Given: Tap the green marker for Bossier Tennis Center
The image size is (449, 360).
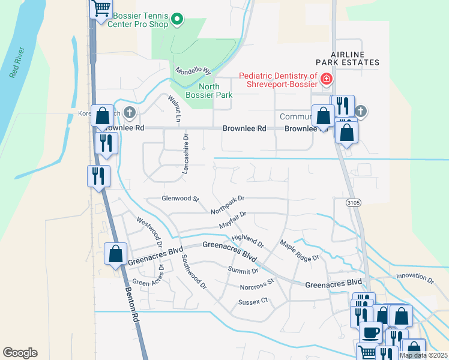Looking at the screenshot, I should pyautogui.click(x=177, y=20).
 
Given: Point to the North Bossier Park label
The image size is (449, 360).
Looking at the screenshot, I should pyautogui.click(x=215, y=91).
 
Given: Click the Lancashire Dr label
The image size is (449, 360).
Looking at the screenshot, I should pyautogui.click(x=185, y=154).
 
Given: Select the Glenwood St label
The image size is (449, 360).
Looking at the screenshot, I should pyautogui.click(x=180, y=198).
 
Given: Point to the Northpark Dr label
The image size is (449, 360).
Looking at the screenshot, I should pyautogui.click(x=228, y=205).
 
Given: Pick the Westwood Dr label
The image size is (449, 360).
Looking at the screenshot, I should pyautogui.click(x=150, y=231).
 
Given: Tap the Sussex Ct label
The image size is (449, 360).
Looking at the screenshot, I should pyautogui.click(x=252, y=302).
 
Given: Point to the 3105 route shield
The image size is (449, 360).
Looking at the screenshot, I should pyautogui.click(x=354, y=203).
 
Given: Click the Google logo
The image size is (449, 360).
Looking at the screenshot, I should pyautogui.click(x=20, y=353).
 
